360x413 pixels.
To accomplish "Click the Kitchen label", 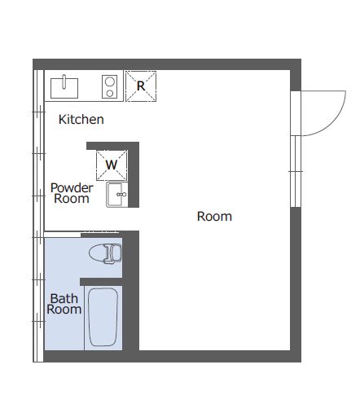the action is pyautogui.click(x=81, y=120).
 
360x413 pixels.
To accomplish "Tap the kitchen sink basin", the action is pyautogui.click(x=64, y=88).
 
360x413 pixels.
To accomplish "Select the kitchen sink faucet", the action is pyautogui.click(x=64, y=81).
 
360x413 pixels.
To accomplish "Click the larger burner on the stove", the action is pyautogui.click(x=110, y=81).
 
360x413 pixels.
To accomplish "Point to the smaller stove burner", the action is pyautogui.click(x=110, y=94).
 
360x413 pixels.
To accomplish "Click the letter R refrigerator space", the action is pyautogui.click(x=141, y=86).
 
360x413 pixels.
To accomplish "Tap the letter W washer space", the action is pyautogui.click(x=112, y=165).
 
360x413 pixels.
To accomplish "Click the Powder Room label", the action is pyautogui.click(x=72, y=193).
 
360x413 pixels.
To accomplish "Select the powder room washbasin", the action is pyautogui.click(x=117, y=195).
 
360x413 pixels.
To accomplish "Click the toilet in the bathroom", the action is pyautogui.click(x=105, y=253).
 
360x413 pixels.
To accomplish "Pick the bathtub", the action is pyautogui.click(x=103, y=317).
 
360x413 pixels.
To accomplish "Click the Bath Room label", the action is pyautogui.click(x=64, y=304).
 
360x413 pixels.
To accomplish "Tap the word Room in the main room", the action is pyautogui.click(x=214, y=217).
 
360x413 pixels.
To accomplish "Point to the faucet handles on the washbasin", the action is pyautogui.click(x=121, y=195).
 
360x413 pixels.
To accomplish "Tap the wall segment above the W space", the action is pyautogui.click(x=112, y=146).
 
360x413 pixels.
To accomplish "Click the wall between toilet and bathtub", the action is pyautogui.click(x=101, y=282).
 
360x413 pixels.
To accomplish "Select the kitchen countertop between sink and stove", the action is pyautogui.click(x=90, y=86).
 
